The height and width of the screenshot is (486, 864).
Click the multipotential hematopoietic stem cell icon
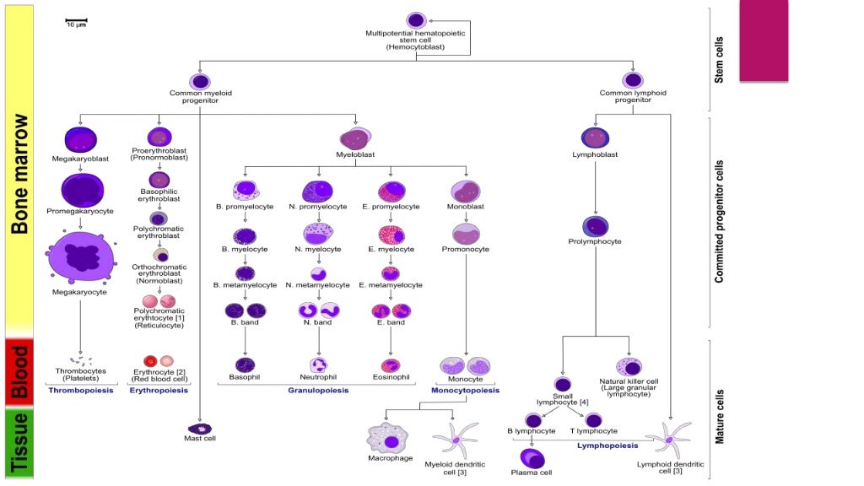click(415, 20)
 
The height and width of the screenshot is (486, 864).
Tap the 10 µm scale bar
click(76, 19)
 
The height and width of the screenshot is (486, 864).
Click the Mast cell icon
click(200, 428)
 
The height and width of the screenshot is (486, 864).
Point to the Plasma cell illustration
click(532, 458)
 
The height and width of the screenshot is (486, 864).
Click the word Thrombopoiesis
click(81, 391)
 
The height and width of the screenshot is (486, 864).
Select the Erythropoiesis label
click(159, 391)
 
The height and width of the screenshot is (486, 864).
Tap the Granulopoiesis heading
click(318, 391)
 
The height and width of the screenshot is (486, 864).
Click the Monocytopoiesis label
click(466, 391)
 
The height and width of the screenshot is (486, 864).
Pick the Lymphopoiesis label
click(607, 445)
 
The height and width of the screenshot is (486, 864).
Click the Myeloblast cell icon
click(356, 138)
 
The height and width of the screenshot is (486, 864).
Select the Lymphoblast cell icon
click(596, 138)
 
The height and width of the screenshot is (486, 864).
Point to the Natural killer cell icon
click(629, 366)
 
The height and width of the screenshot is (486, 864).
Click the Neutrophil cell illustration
click(319, 365)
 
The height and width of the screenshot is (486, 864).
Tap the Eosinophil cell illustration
click(390, 365)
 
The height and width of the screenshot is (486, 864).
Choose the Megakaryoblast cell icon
click(80, 138)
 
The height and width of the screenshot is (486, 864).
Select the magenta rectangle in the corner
click(764, 40)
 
